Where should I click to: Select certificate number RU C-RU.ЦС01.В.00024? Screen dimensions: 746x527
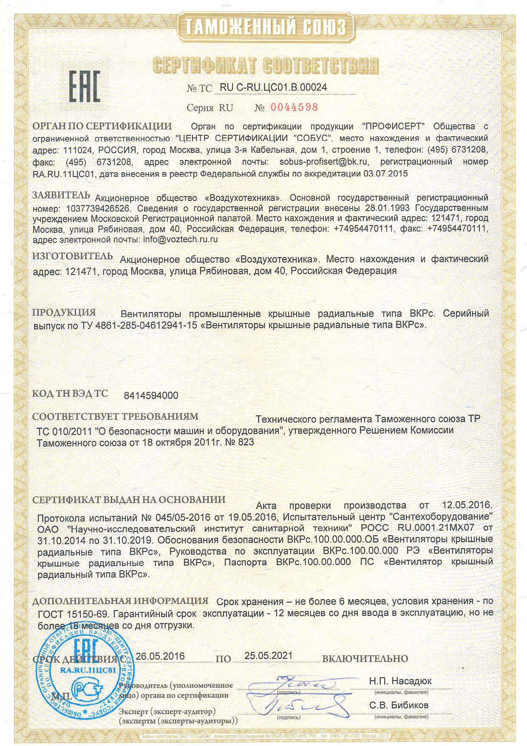273,87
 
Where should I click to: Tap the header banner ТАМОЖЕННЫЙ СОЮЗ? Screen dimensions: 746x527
265,28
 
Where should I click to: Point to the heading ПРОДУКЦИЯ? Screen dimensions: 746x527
64,312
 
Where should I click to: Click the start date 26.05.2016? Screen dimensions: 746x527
160,656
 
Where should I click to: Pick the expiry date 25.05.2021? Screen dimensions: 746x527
268,655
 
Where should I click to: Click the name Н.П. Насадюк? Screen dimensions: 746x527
399,681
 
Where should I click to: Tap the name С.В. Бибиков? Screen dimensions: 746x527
399,705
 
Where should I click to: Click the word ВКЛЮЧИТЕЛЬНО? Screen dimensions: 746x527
365,659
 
